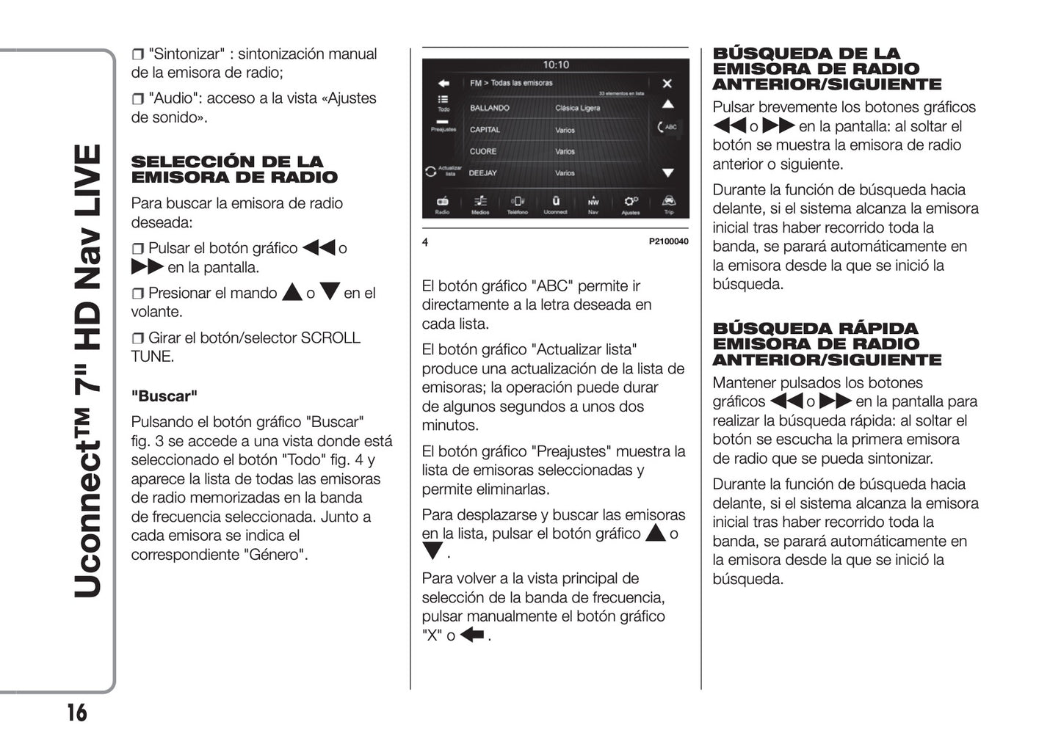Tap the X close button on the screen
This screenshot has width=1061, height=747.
coord(667,84)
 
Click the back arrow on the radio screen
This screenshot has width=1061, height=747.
coord(443,84)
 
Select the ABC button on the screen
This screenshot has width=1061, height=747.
coord(667,127)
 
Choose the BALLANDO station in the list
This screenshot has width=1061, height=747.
coord(490,108)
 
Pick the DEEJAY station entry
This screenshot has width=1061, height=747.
coord(483,173)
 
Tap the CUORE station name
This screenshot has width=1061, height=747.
coord(483,151)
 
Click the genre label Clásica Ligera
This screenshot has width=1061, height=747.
coord(577,108)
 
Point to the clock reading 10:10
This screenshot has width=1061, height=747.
coord(556,65)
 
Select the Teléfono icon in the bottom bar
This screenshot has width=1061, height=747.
coord(518,202)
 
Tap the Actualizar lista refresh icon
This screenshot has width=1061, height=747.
coord(431,171)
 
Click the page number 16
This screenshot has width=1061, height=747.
coord(76,713)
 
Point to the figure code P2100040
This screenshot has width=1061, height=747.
coord(668,241)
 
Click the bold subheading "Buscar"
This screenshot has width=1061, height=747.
coord(164,396)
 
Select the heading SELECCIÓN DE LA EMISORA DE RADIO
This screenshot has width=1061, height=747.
coord(234,170)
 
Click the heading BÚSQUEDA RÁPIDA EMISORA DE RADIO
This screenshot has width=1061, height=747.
coord(826,344)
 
